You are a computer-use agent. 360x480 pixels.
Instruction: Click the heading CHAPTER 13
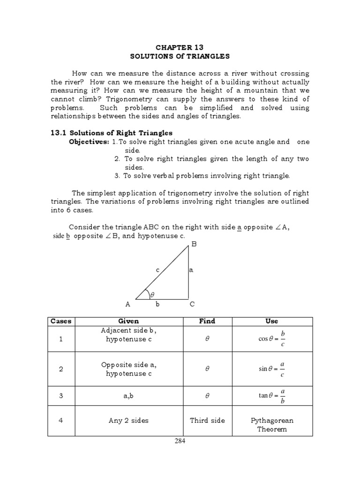(180, 48)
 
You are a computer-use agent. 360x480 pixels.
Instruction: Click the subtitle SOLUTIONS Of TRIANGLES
(180, 56)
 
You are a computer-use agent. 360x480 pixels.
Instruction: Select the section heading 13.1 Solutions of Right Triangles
(112, 133)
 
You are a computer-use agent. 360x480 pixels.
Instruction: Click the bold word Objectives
(89, 142)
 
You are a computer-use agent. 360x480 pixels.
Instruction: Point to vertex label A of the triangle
(127, 304)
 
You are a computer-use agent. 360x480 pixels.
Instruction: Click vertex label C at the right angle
(192, 304)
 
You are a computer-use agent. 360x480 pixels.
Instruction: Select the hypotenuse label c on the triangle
(157, 270)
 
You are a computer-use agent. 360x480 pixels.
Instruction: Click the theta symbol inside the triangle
(152, 294)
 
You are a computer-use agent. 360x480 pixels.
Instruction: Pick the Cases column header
(61, 321)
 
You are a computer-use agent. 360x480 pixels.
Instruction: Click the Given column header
(128, 321)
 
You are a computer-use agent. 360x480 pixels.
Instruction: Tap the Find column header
(207, 321)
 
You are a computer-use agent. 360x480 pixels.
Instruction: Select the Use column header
(271, 321)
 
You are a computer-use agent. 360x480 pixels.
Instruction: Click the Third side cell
(207, 420)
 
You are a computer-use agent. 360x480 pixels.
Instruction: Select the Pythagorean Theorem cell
(271, 425)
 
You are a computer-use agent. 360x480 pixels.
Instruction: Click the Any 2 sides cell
(127, 420)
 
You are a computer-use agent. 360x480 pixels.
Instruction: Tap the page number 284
(180, 441)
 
